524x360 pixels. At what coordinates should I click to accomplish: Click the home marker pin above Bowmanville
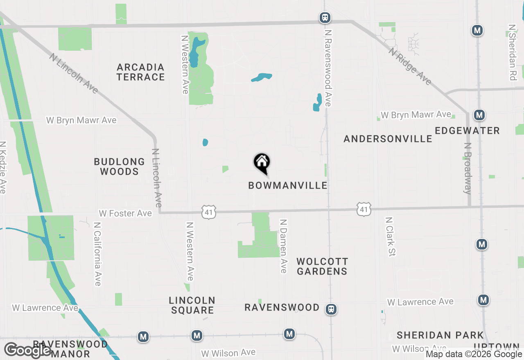262,162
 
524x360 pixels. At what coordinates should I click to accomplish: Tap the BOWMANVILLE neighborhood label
288,186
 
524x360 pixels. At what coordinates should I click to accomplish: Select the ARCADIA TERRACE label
140,72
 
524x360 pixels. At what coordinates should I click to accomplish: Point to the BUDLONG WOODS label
119,166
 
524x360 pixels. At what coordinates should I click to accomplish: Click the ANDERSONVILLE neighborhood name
388,139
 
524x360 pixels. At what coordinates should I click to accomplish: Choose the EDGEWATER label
467,131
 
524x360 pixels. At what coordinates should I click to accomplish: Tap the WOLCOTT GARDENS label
322,266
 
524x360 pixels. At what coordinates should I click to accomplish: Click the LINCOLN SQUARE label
192,305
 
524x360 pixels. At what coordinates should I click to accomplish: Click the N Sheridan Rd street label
512,52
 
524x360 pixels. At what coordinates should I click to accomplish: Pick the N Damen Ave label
283,246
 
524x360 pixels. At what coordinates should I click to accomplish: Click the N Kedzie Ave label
3,167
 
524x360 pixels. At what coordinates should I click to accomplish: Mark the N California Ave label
97,254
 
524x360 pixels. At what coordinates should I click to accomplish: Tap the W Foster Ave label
125,214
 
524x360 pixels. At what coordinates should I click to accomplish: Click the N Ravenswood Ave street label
327,67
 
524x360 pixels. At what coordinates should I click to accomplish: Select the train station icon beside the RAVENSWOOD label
331,309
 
